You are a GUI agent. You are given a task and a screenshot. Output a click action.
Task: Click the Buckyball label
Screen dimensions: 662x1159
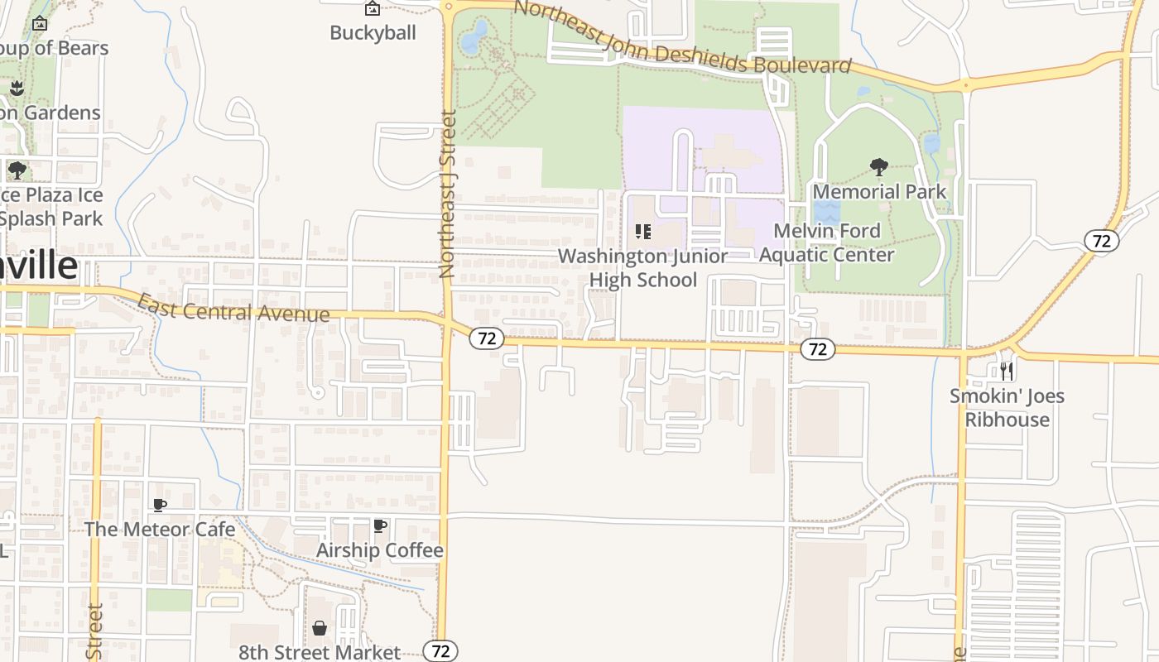[x=373, y=33]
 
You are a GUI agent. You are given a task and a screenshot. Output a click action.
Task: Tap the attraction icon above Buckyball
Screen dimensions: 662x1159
[x=373, y=9]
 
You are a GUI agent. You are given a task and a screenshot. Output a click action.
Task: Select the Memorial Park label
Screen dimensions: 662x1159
[x=879, y=192]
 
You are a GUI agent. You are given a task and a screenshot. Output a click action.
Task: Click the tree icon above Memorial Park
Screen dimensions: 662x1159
[x=879, y=168]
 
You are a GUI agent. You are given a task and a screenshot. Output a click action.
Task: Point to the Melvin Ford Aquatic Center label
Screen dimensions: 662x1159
[x=827, y=242]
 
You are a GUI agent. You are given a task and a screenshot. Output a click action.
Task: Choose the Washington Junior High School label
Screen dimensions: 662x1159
[x=643, y=268]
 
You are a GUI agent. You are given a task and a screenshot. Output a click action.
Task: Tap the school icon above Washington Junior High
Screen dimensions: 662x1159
[x=643, y=232]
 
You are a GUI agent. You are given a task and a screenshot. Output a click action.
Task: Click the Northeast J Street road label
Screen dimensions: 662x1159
[x=448, y=194]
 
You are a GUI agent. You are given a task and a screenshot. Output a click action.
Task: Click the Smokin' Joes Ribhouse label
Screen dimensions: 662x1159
[x=1007, y=407]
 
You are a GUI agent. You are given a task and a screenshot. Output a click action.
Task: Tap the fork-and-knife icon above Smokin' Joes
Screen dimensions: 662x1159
[x=1007, y=371]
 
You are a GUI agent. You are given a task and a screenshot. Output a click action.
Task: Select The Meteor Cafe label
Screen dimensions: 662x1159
[x=160, y=529]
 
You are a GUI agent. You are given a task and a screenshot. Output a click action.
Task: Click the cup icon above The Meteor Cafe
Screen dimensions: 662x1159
[x=160, y=505]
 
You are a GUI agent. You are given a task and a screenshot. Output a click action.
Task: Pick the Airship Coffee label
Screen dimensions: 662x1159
[x=380, y=550]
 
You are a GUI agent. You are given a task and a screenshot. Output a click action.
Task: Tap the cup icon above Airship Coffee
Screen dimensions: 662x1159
[x=380, y=525]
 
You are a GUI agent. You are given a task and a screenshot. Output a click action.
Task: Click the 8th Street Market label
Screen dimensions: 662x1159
[x=320, y=652]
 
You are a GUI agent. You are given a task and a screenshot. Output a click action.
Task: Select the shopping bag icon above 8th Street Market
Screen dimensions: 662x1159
[x=320, y=628]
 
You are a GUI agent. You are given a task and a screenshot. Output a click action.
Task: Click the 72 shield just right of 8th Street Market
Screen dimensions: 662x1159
[x=440, y=651]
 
